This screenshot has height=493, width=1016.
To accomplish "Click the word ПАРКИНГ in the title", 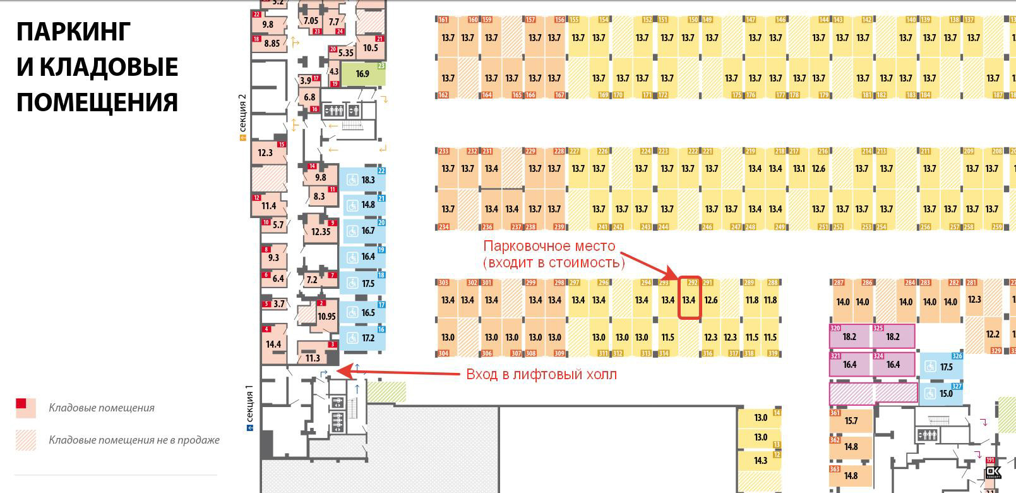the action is tap(73, 32).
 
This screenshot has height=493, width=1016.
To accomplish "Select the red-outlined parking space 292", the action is tap(689, 299).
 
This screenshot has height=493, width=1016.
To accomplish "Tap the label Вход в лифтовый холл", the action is tap(541, 374).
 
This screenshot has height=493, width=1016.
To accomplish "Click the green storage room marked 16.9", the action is tap(362, 74).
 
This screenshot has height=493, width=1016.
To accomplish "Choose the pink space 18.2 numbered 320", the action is tap(850, 337).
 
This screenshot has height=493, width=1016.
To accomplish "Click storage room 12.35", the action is tap(321, 231).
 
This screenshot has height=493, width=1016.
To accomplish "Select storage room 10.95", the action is tap(326, 316).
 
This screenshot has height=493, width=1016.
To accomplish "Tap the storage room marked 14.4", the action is tap(273, 344).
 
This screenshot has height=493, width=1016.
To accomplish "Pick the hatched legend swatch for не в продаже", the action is tap(25, 440).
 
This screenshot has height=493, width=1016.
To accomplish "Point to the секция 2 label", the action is tap(242, 117).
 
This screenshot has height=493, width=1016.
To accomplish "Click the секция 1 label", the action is tap(249, 406).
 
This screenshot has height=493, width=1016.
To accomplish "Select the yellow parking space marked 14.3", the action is tap(760, 461).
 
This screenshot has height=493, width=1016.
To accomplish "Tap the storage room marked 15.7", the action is tap(851, 421).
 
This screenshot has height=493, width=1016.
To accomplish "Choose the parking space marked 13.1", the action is tap(799, 169).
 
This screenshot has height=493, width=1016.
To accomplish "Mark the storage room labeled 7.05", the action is tap(311, 20).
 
